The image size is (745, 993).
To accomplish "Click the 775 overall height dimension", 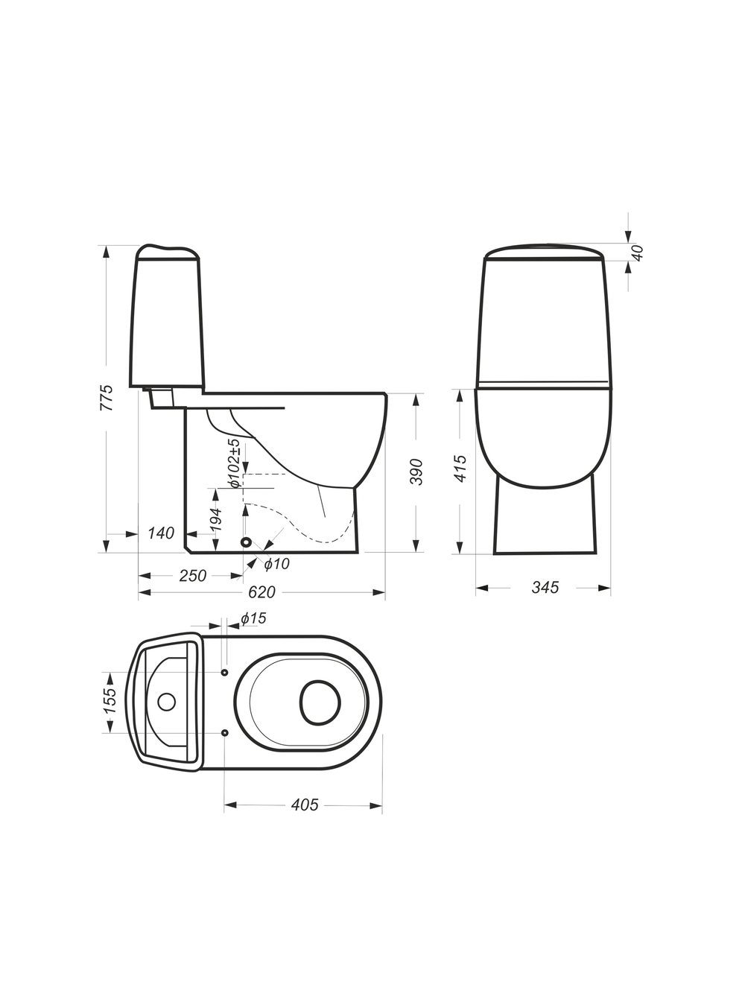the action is (107, 398).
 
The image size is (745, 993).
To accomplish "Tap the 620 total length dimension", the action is (262, 591).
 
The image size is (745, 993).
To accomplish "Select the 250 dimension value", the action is (193, 576).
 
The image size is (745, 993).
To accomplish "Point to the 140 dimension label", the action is (161, 533).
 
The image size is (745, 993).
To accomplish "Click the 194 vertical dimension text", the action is (216, 519).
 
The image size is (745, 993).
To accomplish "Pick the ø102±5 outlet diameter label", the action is (235, 463).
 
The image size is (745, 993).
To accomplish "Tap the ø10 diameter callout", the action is (277, 564).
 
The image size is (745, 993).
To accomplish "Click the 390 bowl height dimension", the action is (416, 472).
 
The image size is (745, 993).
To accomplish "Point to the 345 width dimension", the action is (545, 587).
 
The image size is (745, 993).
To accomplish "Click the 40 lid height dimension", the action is (637, 253).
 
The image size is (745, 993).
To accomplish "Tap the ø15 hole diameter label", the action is (253, 618).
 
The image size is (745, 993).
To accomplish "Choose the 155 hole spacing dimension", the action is (110, 701).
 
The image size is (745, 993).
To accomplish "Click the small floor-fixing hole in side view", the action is (246, 542).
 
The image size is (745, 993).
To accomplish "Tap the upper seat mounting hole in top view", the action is (225, 672).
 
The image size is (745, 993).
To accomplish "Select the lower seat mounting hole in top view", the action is (225, 732).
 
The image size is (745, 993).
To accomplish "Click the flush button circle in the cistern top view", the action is (166, 702).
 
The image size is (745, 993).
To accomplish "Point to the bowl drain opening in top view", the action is (320, 701).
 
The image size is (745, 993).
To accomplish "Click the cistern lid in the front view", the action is (544, 253).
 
